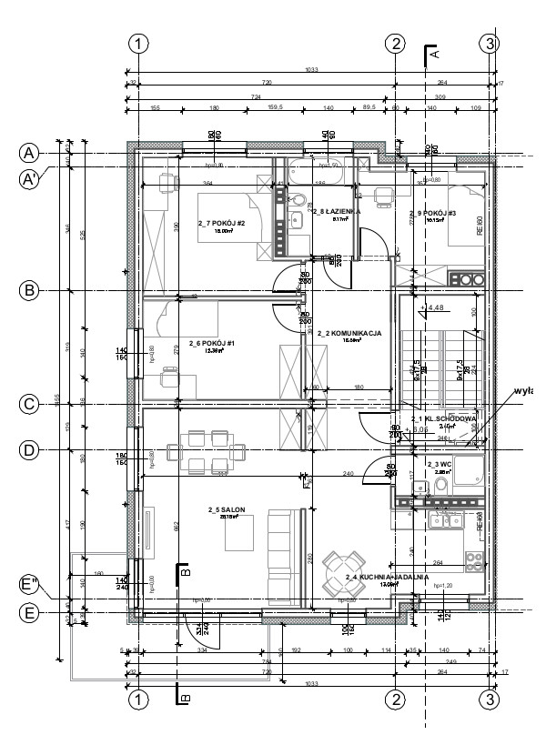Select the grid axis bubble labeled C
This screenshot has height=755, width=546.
(29, 403)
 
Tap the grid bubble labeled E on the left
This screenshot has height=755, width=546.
(29, 614)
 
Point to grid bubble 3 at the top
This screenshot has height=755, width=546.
(490, 43)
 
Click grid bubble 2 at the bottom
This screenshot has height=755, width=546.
(395, 699)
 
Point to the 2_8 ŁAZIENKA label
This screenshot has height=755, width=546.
(335, 210)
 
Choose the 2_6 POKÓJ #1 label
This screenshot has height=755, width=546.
(212, 344)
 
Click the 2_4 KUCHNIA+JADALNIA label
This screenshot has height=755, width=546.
(379, 578)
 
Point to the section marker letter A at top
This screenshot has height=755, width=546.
(434, 55)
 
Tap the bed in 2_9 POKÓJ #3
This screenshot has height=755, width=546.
(466, 217)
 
